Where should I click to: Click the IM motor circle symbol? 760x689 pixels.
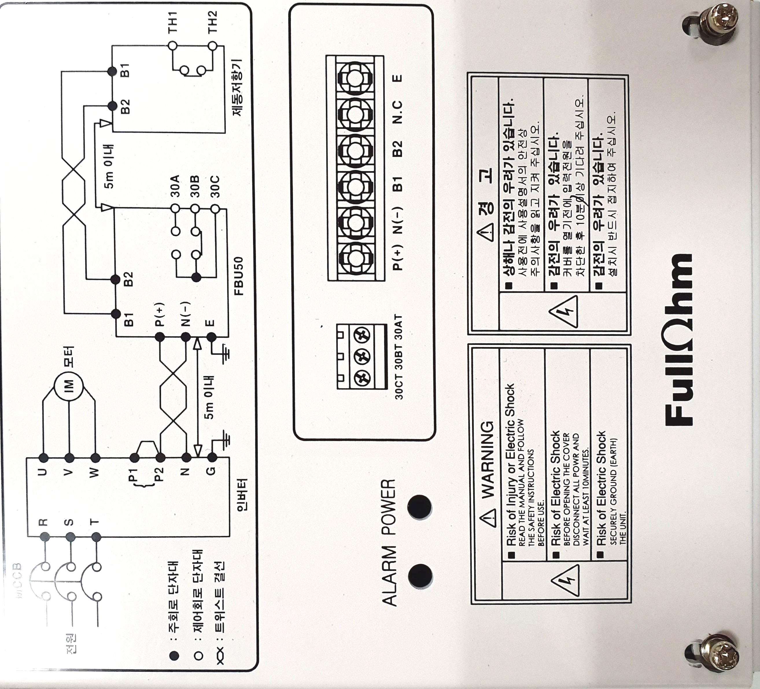pyautogui.click(x=69, y=386)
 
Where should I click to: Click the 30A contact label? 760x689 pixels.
pyautogui.click(x=175, y=187)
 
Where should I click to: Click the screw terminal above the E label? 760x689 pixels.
pyautogui.click(x=354, y=78)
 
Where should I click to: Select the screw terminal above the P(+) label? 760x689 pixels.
pyautogui.click(x=354, y=259)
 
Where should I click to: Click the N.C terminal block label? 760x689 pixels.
pyautogui.click(x=397, y=113)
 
